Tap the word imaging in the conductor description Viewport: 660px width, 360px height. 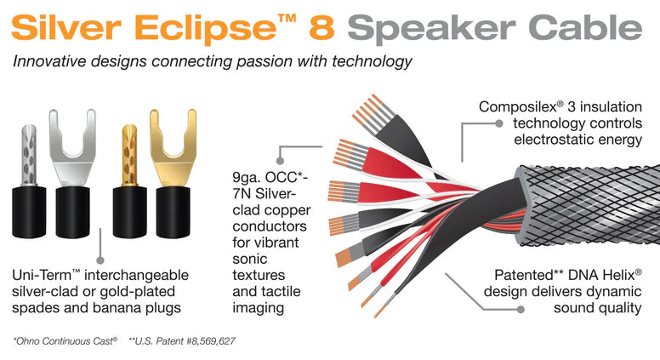(258, 308)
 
